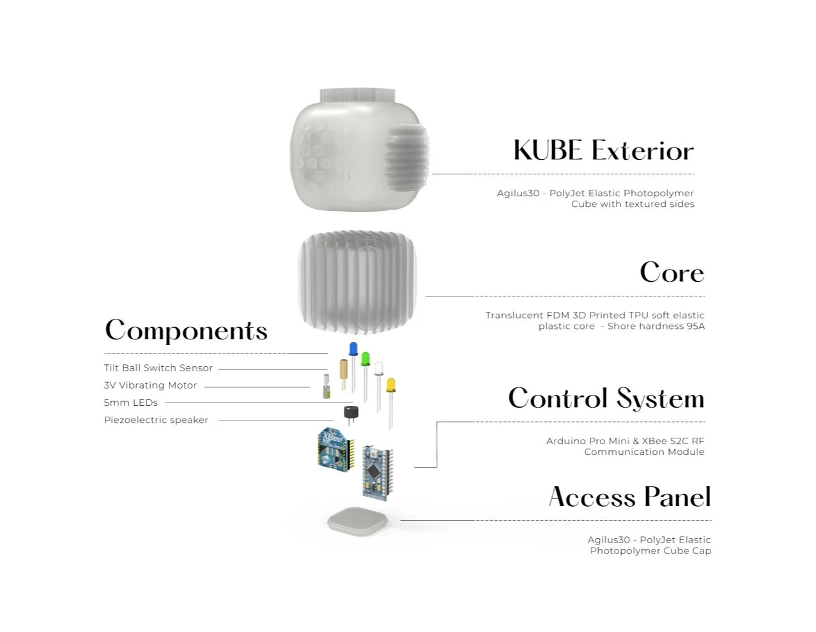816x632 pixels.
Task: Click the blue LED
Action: click(353, 349)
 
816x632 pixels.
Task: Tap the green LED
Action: click(366, 358)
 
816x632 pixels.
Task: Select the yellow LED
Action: click(390, 385)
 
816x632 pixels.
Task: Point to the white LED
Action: click(379, 368)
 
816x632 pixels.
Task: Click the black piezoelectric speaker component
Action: click(351, 413)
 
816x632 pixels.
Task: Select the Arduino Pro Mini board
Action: click(377, 472)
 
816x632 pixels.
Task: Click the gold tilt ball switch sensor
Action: click(344, 369)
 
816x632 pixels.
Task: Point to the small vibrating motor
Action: click(327, 387)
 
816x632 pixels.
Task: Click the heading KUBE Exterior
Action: click(603, 151)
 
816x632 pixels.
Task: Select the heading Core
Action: click(672, 273)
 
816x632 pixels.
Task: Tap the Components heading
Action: click(186, 331)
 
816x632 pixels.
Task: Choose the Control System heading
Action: click(606, 399)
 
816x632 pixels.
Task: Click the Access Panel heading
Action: click(629, 497)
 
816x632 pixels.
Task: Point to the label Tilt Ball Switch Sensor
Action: click(158, 368)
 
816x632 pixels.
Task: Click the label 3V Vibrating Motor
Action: click(150, 385)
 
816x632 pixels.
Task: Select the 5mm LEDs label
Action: click(130, 403)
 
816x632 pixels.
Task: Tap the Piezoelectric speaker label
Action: click(156, 420)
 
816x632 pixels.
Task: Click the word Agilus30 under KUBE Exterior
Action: click(518, 193)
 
